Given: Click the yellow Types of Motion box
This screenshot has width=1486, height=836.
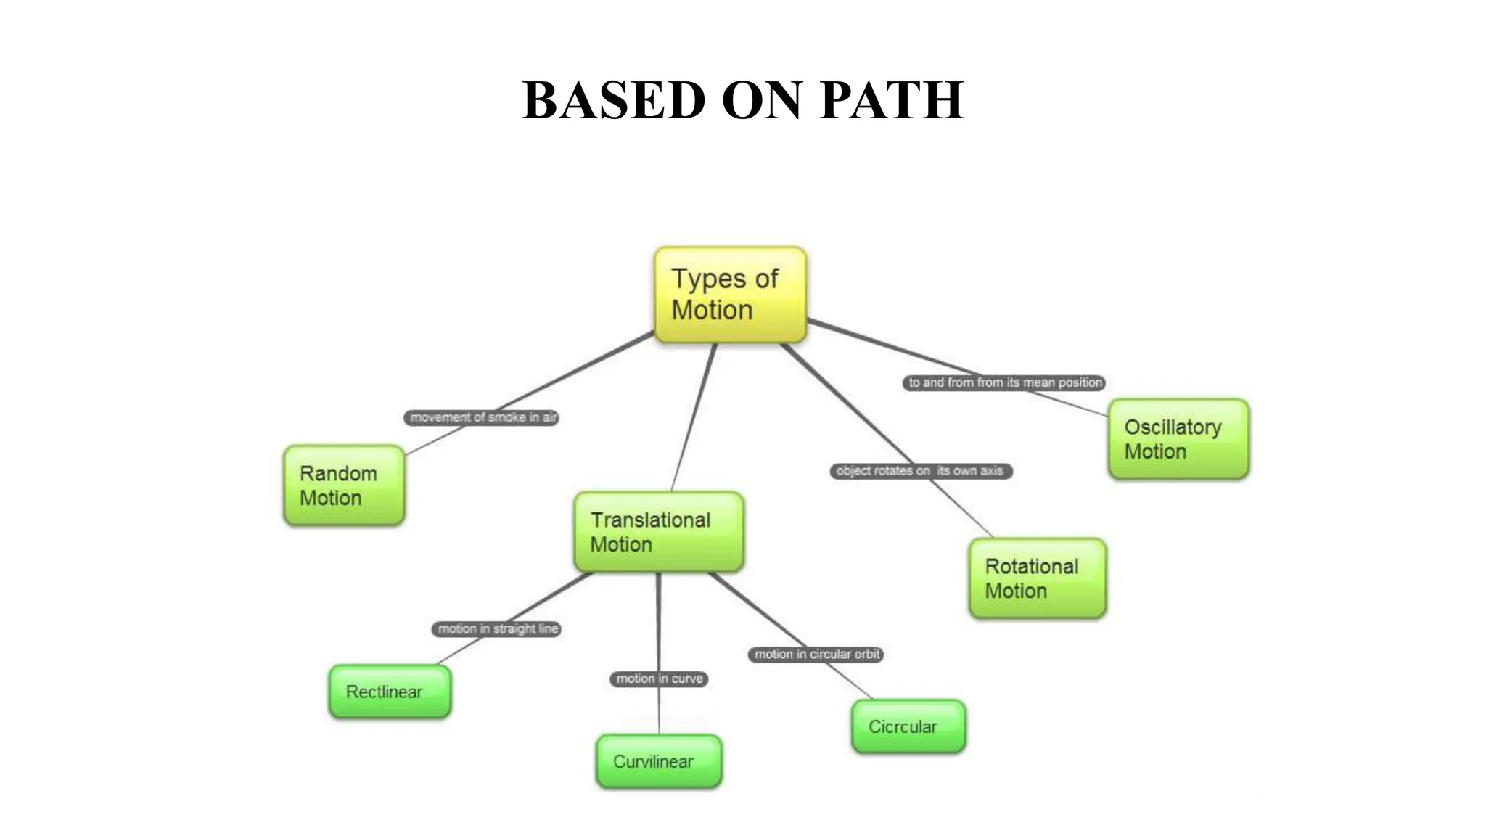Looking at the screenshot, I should point(730,294).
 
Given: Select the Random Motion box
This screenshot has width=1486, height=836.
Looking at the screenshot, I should point(344,485).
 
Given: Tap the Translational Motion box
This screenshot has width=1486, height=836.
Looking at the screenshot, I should point(658,532).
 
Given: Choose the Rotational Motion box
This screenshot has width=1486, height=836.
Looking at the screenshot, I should point(1037,578).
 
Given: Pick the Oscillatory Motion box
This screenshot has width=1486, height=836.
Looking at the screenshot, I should point(1178,439).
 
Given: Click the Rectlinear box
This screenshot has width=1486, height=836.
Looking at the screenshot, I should point(390,692).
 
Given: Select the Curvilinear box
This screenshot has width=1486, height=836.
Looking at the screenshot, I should point(658,761).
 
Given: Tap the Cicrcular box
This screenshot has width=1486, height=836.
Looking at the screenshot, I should point(908,726).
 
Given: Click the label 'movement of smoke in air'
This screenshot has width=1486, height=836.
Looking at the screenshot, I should point(482,417).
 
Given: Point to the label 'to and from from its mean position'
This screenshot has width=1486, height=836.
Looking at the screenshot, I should point(1004,382).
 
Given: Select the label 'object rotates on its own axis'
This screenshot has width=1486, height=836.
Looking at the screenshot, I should point(920,471).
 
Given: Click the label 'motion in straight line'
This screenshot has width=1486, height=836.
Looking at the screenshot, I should point(497,628).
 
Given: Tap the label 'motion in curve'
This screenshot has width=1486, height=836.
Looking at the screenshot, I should point(659,679).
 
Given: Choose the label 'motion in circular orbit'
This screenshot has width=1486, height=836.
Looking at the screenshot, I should point(816,654).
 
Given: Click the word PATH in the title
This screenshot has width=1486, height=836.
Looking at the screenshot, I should point(892,100).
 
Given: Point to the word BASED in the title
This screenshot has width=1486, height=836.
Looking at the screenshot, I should point(613,100).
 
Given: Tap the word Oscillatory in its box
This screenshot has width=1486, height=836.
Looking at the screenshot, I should point(1173,427).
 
